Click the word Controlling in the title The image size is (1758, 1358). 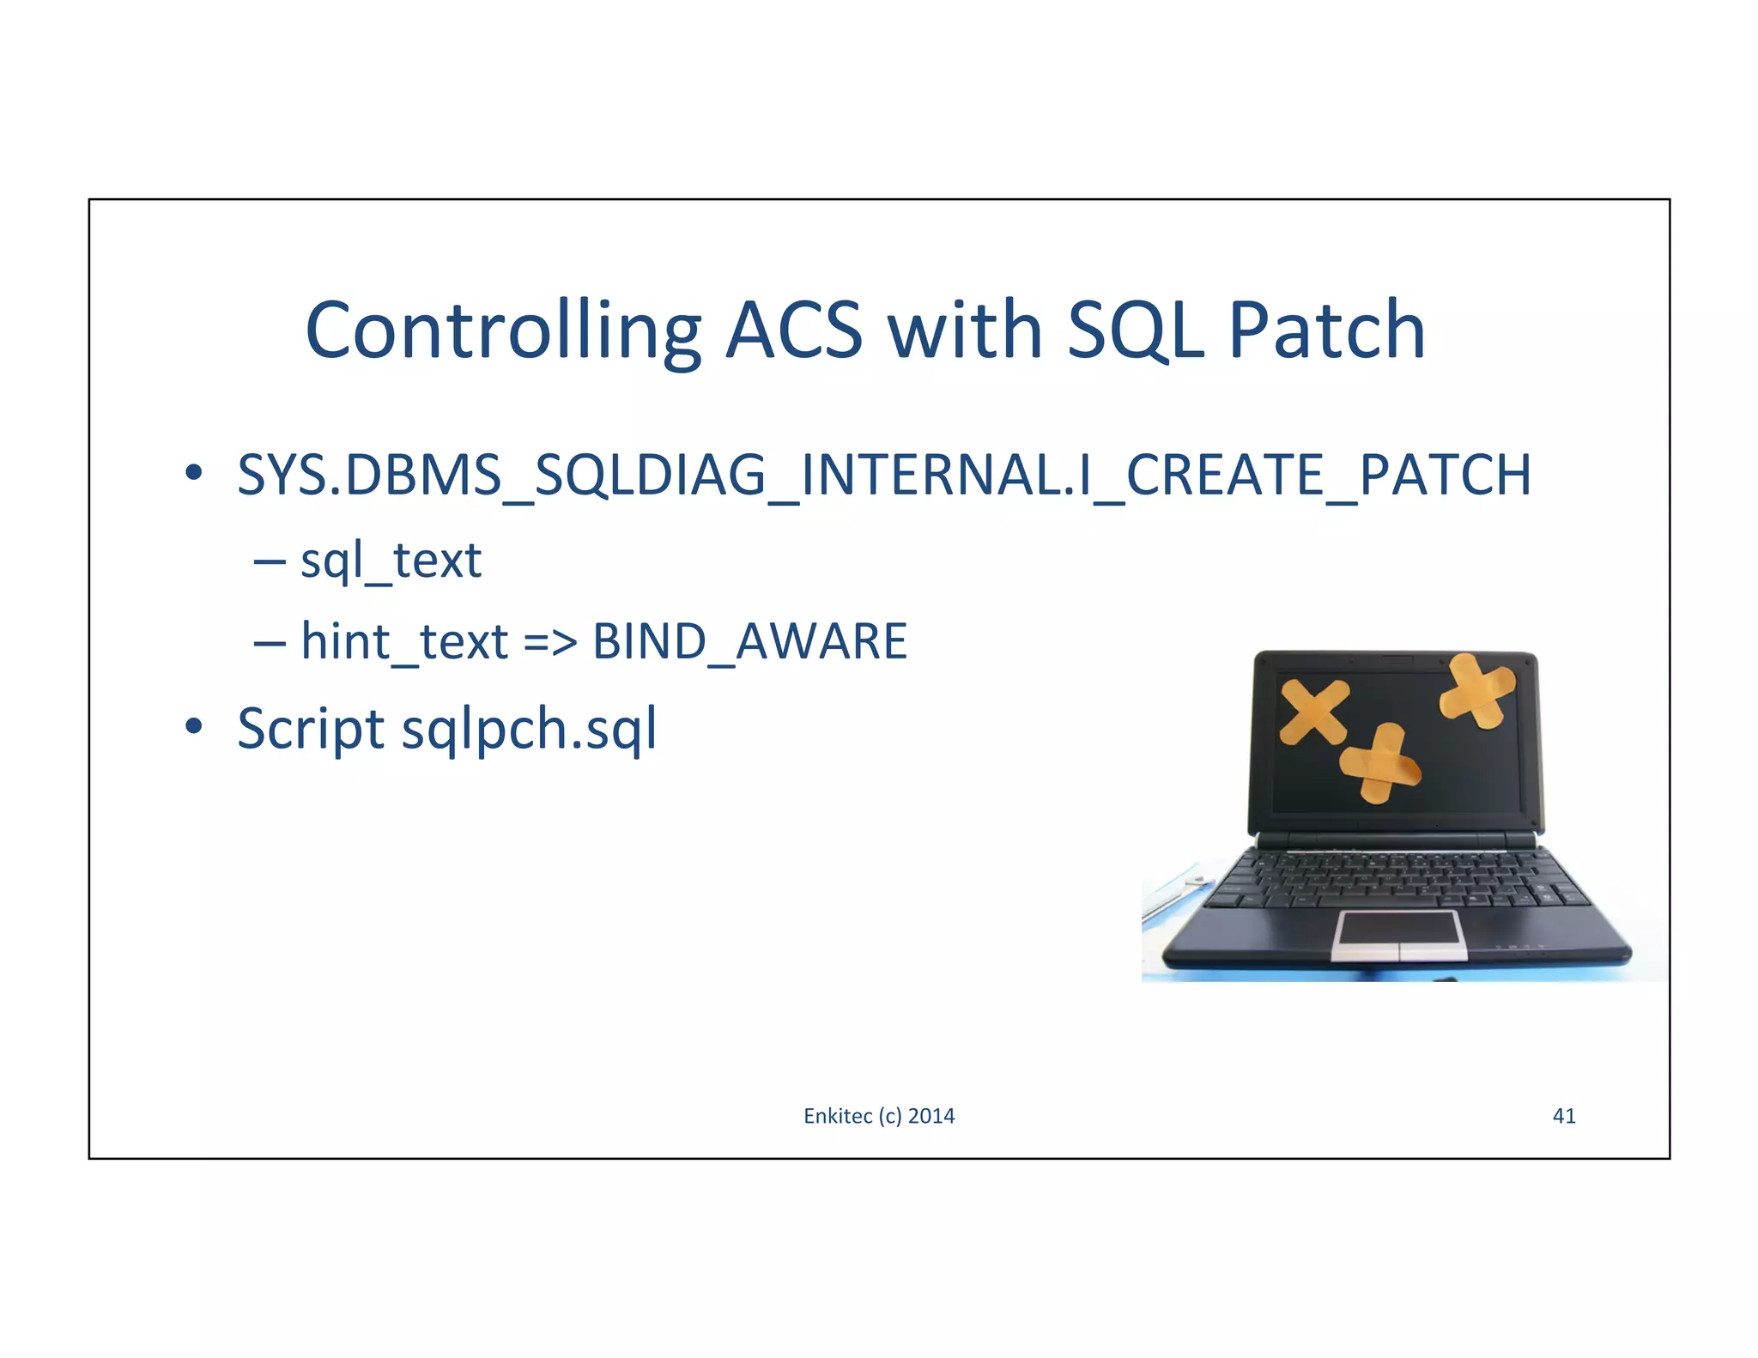503,331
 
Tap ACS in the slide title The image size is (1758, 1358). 793,331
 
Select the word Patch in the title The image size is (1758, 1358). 1326,331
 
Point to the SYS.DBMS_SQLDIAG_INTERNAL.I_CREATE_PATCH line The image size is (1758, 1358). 883,475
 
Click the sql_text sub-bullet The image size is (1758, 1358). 391,561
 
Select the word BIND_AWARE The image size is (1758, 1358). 749,641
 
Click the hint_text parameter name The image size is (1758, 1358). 404,641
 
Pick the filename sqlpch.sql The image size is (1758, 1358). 529,729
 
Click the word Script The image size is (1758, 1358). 311,729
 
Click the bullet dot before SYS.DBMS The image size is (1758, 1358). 194,473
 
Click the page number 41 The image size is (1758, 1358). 1563,1115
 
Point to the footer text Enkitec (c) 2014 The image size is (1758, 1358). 878,1115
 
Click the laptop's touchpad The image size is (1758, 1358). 1398,934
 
